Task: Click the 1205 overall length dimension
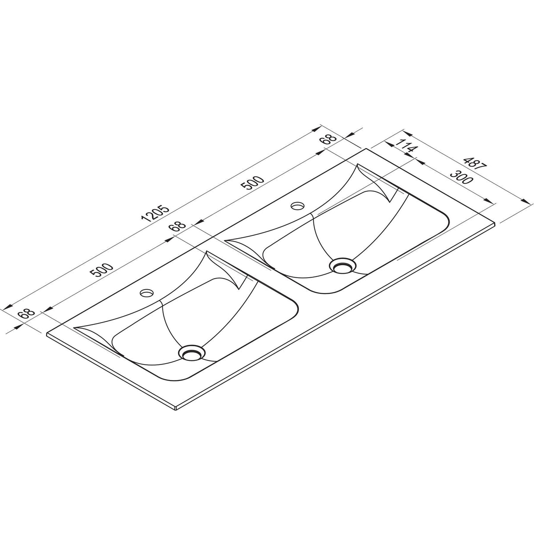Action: click(154, 213)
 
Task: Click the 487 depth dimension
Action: click(475, 162)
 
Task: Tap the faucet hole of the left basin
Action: click(146, 293)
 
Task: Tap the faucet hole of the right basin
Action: click(297, 206)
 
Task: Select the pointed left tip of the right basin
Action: click(226, 241)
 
